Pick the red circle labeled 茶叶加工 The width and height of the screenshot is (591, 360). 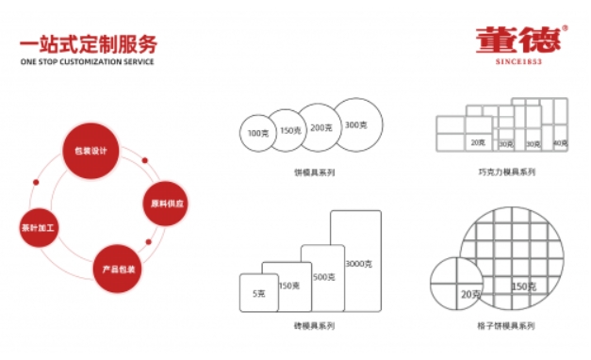pyautogui.click(x=40, y=227)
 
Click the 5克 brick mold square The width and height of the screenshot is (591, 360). pyautogui.click(x=258, y=294)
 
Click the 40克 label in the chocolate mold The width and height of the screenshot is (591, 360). pyautogui.click(x=560, y=143)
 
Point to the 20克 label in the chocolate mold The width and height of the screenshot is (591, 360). pyautogui.click(x=477, y=142)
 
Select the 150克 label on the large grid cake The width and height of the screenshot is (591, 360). pyautogui.click(x=524, y=286)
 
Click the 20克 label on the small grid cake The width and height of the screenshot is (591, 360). pyautogui.click(x=470, y=295)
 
